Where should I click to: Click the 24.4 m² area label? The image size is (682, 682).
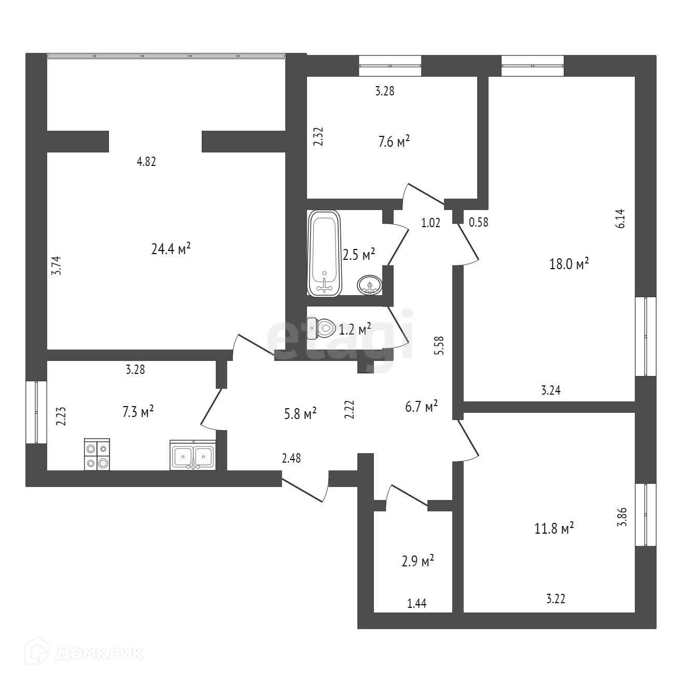coord(171,249)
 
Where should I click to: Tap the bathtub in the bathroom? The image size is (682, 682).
coord(324,253)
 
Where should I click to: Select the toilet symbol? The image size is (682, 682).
coord(322,328)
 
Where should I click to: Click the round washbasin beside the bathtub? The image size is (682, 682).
coord(369,285)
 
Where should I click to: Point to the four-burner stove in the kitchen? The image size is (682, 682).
coord(97,454)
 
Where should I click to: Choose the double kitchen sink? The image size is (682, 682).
coord(192,455)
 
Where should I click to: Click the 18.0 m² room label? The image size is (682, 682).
coord(569,263)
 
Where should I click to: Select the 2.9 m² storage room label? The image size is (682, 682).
coord(417,561)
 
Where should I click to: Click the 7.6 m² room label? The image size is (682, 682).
coord(394,142)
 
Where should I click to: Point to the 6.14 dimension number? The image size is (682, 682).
coord(621,219)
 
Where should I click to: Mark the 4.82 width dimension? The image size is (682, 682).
coord(146,162)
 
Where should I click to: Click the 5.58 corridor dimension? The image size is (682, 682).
coord(440,345)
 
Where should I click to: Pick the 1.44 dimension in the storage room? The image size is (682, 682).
coord(417,603)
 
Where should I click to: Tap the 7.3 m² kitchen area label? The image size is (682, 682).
coord(138,412)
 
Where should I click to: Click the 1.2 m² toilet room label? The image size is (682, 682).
coord(355,329)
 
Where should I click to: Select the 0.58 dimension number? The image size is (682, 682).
coord(479,222)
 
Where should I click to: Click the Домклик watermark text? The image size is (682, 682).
coord(99,653)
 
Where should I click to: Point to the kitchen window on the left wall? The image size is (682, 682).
coord(36,412)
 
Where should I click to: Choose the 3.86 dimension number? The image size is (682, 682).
coord(622,517)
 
